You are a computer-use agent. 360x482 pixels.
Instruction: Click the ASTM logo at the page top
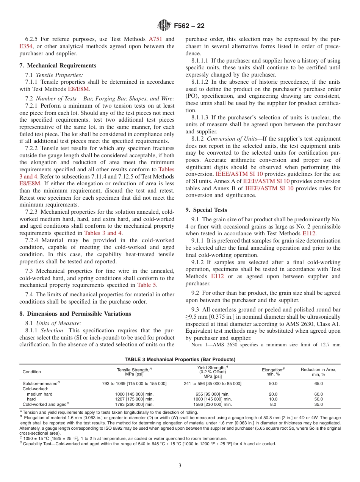click(164, 26)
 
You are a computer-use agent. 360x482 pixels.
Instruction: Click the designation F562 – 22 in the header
click(189, 26)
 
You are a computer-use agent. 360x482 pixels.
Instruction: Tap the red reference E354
click(26, 46)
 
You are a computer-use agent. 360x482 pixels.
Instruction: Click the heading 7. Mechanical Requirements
click(58, 66)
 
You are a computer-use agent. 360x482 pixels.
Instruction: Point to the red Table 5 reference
click(146, 285)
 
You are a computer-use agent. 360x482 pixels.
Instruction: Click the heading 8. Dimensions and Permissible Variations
click(75, 314)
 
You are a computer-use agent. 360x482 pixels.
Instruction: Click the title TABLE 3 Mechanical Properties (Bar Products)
click(180, 359)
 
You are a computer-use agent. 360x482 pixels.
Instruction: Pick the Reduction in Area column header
click(318, 372)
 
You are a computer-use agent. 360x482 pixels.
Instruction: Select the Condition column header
click(32, 372)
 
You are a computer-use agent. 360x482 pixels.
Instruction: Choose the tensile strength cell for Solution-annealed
click(134, 383)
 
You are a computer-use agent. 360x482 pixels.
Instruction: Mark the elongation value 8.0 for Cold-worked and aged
click(273, 404)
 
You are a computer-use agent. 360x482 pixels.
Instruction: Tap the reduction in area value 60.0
click(318, 394)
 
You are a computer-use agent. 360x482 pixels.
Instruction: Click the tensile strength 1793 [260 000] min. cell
click(134, 404)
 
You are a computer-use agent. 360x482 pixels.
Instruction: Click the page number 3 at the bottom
click(180, 465)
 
